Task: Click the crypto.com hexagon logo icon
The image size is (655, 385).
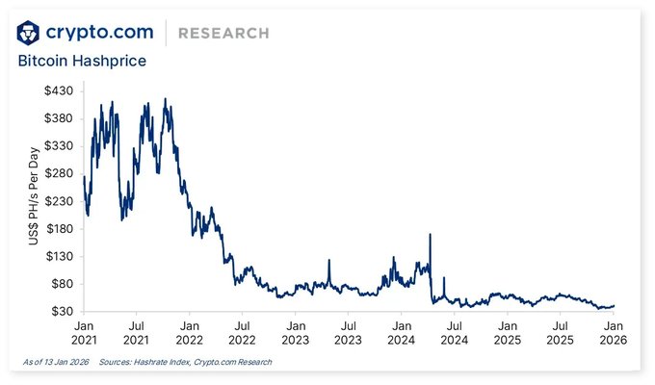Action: coord(30,32)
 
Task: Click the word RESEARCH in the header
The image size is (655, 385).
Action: coord(224,34)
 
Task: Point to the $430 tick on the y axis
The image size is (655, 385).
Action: coord(59,90)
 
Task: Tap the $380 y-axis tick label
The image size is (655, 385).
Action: coord(59,117)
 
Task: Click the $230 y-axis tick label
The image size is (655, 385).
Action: coord(59,200)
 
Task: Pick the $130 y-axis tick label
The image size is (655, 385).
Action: coord(59,256)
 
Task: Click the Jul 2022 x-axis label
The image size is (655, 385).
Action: coord(243,333)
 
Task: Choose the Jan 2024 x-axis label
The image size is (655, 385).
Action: coord(402,333)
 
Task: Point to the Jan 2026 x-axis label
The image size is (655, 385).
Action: coord(614,333)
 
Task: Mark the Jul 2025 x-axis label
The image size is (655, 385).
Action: coord(561,333)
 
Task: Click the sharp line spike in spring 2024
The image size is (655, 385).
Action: coord(430,235)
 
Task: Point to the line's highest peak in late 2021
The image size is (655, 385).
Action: coord(166,99)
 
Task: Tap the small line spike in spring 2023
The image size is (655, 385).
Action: coord(329,261)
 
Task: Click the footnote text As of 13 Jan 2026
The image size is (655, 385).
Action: coord(56,362)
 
